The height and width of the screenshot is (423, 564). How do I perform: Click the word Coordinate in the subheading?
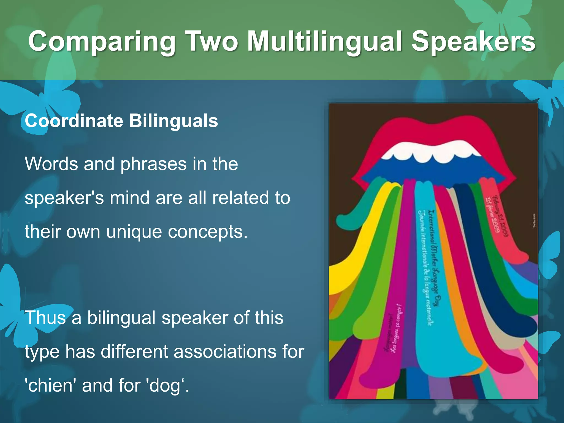click(x=74, y=121)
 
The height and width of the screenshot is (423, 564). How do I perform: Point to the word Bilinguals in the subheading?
click(x=173, y=121)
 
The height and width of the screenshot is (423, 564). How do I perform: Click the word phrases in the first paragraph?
click(x=153, y=164)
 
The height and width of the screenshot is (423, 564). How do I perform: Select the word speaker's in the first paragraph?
click(x=64, y=198)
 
